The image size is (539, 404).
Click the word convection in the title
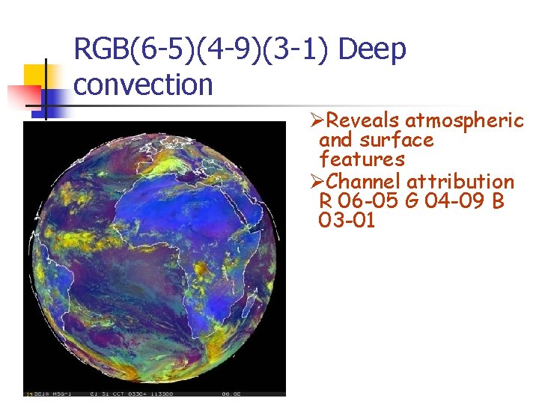pos(144,85)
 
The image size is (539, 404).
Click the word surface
pos(396,140)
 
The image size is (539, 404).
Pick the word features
pos(362,159)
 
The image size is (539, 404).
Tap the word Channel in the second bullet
pos(365,181)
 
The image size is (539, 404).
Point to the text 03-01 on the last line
pos(347,221)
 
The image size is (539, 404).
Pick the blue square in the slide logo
pos(52,97)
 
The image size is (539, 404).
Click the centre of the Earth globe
pos(155,254)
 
